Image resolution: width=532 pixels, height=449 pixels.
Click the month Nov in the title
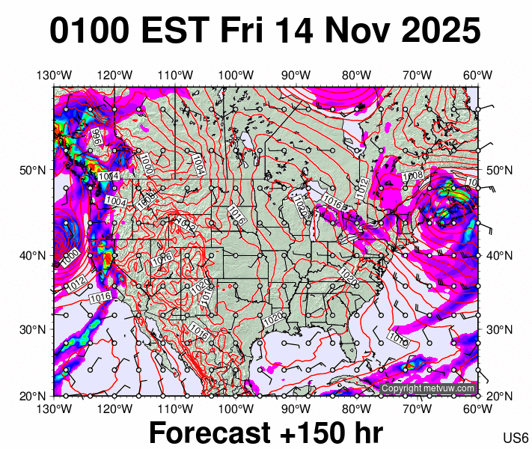pyautogui.click(x=358, y=31)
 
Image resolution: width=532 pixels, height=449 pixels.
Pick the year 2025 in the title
pyautogui.click(x=438, y=31)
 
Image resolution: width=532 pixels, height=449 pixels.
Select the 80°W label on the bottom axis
pyautogui.click(x=357, y=409)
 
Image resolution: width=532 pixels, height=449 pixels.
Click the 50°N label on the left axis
pyautogui.click(x=33, y=170)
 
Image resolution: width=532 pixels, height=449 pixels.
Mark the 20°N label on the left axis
pyautogui.click(x=33, y=394)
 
